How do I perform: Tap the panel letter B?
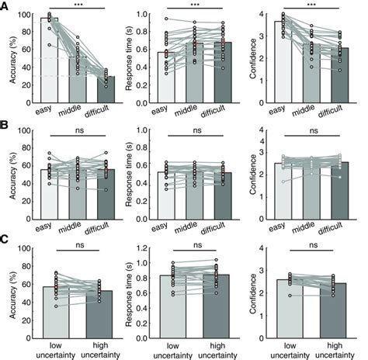pyautogui.click(x=5, y=124)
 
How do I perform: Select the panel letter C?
pyautogui.click(x=5, y=242)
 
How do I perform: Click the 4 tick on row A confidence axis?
pyautogui.click(x=266, y=15)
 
